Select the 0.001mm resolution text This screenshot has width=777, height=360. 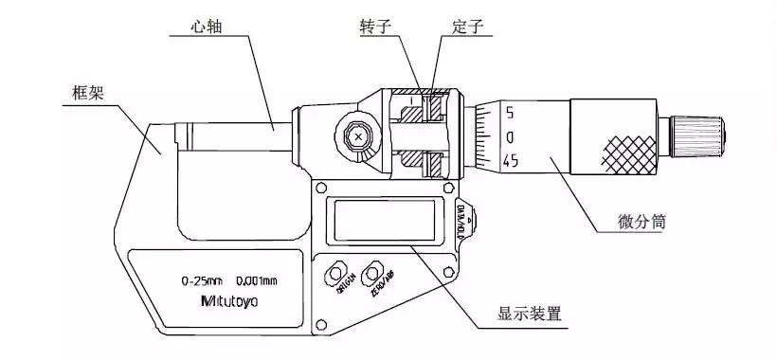(258, 280)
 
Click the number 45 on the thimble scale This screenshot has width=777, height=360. (510, 161)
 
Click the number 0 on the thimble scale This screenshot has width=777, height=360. (509, 137)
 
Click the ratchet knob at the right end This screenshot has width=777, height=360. (698, 135)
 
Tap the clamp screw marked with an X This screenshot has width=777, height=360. (358, 137)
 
